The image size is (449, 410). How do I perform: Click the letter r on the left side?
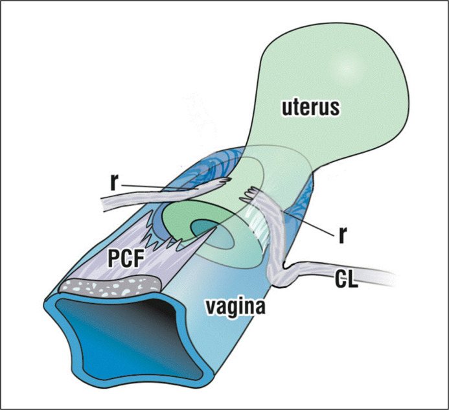tap(114, 183)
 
